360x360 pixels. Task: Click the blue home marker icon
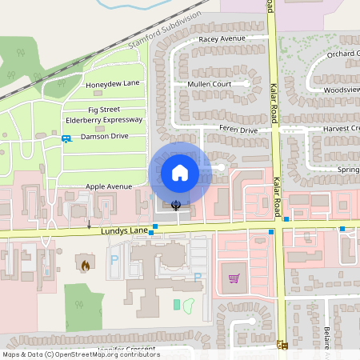pyautogui.click(x=179, y=172)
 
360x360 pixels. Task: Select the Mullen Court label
pyautogui.click(x=209, y=83)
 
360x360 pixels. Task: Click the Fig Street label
pyautogui.click(x=104, y=109)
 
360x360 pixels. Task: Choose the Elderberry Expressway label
pyautogui.click(x=104, y=120)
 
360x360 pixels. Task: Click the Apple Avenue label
pyautogui.click(x=109, y=186)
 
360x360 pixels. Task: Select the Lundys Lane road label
pyautogui.click(x=125, y=230)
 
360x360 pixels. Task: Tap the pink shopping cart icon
pyautogui.click(x=234, y=278)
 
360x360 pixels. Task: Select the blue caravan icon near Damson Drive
pyautogui.click(x=66, y=138)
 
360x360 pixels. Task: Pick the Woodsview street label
pyautogui.click(x=342, y=90)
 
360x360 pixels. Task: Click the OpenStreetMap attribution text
pyautogui.click(x=81, y=354)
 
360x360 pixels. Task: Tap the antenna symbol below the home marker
pyautogui.click(x=176, y=205)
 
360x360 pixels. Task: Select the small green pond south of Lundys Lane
pyautogui.click(x=189, y=305)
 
